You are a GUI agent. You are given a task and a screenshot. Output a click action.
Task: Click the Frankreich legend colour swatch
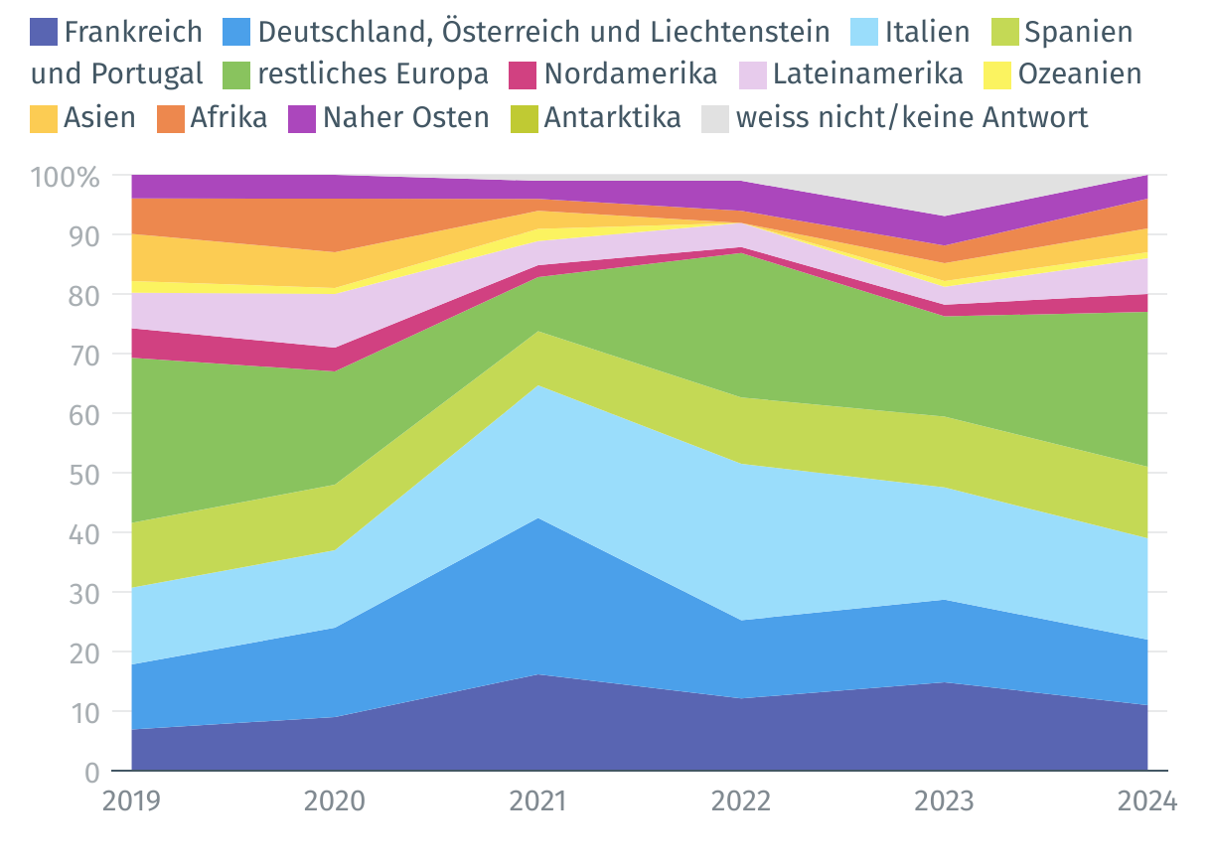45,32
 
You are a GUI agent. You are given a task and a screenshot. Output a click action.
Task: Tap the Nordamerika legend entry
631,74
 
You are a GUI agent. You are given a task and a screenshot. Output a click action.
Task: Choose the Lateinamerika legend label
868,74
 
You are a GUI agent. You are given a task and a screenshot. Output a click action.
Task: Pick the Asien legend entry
99,117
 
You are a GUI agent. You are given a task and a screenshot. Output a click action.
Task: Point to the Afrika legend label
228,117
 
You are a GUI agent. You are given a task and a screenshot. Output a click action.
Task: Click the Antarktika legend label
612,117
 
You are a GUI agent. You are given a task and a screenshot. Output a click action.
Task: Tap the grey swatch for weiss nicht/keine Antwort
716,118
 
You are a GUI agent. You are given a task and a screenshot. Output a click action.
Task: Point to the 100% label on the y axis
66,178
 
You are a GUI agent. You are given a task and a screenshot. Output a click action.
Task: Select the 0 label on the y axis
92,772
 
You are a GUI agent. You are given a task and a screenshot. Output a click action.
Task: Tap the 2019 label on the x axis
132,800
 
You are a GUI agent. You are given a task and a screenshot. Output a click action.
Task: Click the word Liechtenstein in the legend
735,32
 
